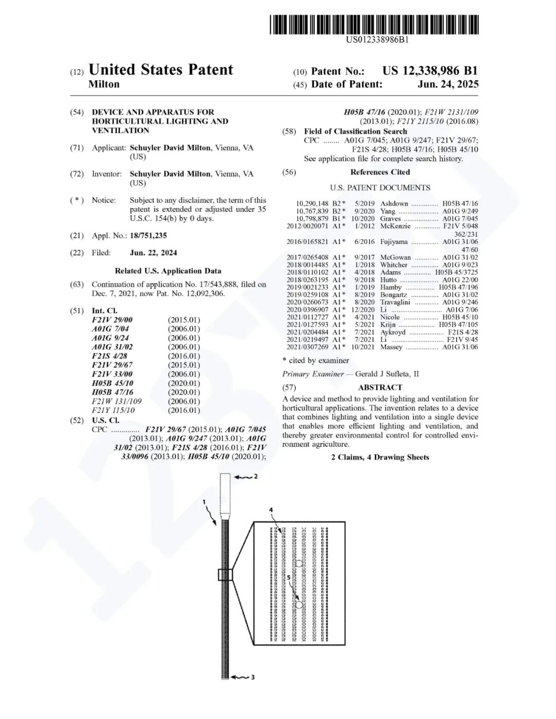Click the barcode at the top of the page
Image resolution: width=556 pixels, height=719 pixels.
click(374, 25)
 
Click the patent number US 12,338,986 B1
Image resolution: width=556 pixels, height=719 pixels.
click(430, 71)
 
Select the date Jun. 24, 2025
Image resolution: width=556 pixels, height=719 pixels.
click(448, 84)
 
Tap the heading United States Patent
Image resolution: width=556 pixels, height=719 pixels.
click(161, 70)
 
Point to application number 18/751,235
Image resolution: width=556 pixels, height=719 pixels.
click(148, 236)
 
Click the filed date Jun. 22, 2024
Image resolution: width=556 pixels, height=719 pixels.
click(153, 253)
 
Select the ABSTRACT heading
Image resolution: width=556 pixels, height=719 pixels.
click(380, 388)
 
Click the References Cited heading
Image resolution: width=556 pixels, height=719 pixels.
click(380, 172)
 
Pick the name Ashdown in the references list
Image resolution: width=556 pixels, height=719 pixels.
click(394, 204)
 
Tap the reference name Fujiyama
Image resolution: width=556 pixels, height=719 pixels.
click(394, 242)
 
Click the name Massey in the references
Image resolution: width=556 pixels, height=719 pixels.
click(391, 347)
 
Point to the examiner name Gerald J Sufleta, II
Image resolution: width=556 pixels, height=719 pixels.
click(387, 374)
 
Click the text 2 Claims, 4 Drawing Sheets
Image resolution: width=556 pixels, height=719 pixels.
click(380, 458)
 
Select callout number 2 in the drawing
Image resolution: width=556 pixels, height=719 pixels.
click(256, 477)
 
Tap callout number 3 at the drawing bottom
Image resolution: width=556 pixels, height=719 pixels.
click(253, 677)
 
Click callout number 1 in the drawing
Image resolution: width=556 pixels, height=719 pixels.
click(204, 502)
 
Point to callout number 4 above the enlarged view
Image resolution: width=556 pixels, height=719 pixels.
click(271, 510)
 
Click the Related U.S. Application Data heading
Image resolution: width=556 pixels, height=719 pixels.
click(168, 271)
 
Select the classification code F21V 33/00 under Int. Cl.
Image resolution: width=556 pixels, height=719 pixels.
click(112, 374)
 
